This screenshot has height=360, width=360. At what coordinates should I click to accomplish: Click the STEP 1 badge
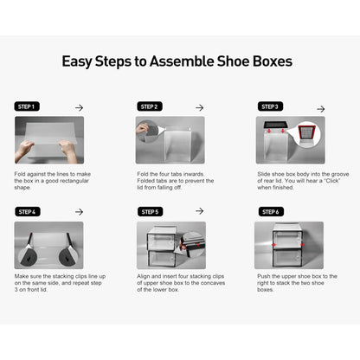click(27, 106)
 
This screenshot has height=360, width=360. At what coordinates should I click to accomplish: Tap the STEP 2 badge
click(150, 106)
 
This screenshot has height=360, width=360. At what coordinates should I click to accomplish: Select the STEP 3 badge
click(270, 106)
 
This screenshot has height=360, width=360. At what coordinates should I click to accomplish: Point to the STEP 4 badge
click(28, 212)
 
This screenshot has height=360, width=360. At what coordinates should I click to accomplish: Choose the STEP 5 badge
click(150, 212)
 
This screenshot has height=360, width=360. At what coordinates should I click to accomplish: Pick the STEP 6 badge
click(271, 212)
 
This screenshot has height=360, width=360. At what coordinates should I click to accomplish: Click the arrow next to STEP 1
click(79, 107)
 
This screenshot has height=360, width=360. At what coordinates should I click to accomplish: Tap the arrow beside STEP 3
click(320, 109)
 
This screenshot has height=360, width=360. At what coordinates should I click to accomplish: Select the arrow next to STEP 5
click(199, 211)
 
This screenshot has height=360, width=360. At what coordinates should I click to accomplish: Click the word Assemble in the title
click(182, 61)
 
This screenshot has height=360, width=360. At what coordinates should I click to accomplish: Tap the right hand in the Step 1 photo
click(67, 150)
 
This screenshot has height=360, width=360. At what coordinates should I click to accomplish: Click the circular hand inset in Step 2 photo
click(147, 132)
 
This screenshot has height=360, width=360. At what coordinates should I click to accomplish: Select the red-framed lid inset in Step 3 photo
click(306, 135)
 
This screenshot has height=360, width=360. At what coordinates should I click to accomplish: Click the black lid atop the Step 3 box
click(275, 125)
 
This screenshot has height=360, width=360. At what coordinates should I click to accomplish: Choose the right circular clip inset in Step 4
click(68, 256)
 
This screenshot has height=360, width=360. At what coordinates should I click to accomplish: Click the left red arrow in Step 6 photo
click(274, 245)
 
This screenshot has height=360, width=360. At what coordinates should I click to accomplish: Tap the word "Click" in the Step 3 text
click(332, 181)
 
